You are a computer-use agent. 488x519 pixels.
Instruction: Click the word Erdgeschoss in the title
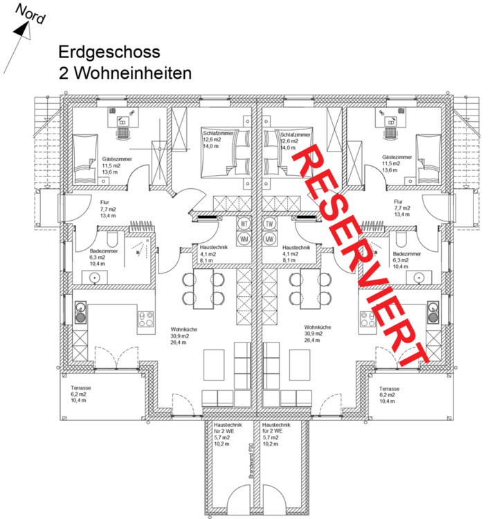(109, 52)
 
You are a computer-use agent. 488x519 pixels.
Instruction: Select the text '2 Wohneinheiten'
(125, 72)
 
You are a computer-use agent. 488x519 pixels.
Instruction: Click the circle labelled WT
(244, 224)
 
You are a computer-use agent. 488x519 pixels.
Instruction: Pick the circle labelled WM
(244, 239)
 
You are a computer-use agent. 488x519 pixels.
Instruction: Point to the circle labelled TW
(269, 224)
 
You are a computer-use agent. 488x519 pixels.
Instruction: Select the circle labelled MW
(269, 239)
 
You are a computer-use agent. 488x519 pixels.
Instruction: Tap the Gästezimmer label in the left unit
(117, 158)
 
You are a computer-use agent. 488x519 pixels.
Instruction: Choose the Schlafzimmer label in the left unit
(217, 131)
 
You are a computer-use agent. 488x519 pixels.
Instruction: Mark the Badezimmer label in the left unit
(105, 251)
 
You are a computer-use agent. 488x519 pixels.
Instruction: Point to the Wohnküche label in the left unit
(183, 329)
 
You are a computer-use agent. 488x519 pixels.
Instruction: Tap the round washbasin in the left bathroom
(94, 278)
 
